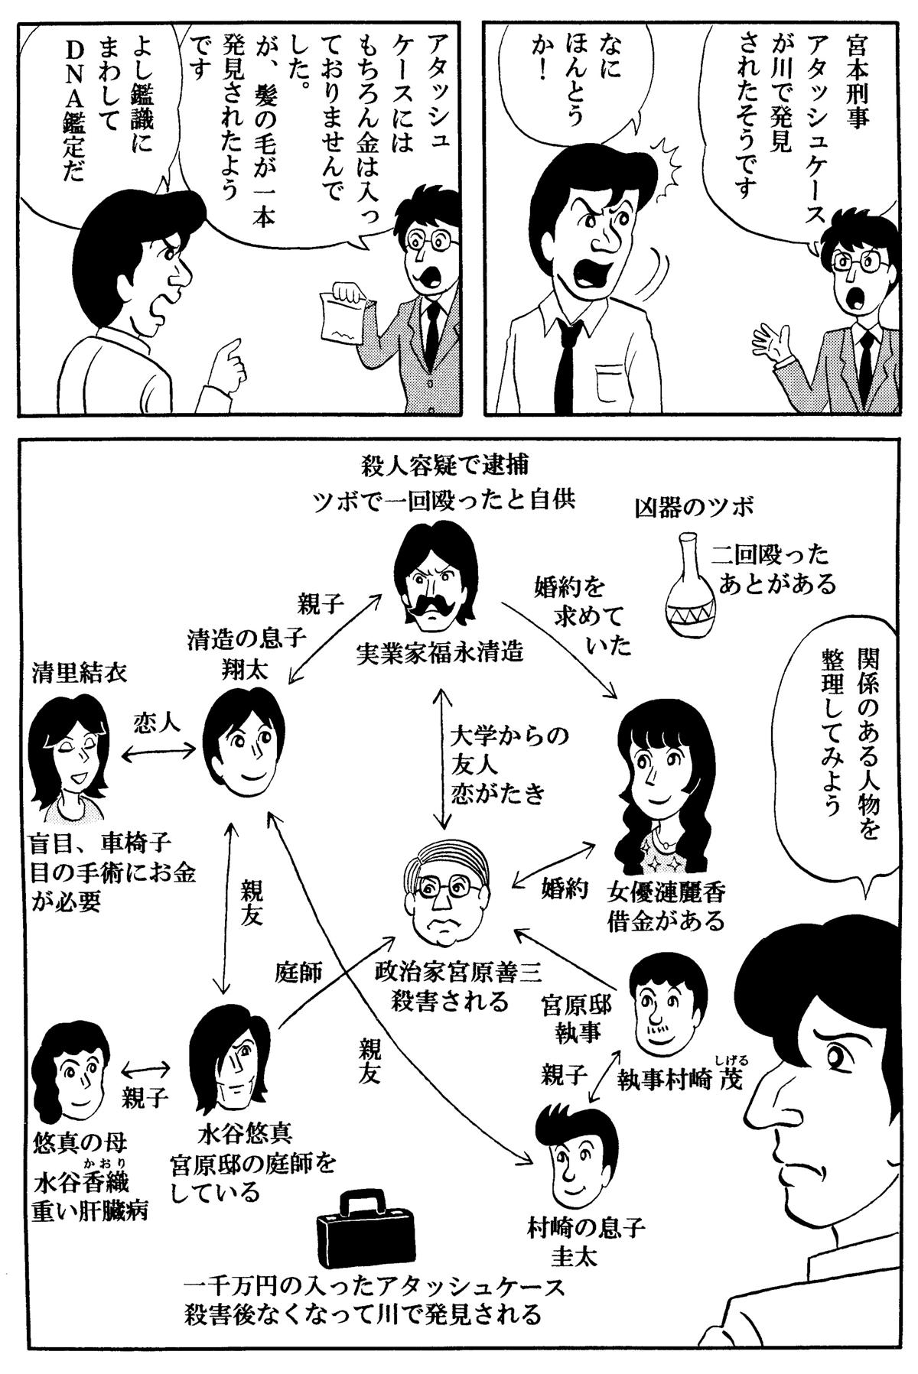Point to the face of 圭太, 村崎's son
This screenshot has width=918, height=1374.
(x=575, y=1157)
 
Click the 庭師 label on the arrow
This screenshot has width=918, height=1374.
(x=298, y=973)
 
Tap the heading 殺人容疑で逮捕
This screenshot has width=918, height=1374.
(x=444, y=465)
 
